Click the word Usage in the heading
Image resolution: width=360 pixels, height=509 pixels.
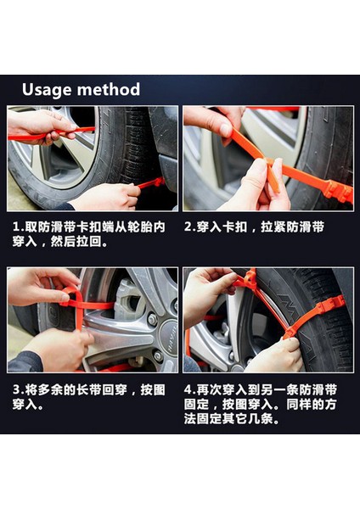tap(46, 90)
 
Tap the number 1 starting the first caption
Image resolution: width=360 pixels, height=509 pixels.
tap(16, 227)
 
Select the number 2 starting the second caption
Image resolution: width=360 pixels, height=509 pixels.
tap(188, 227)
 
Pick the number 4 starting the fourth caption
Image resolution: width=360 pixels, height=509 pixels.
tap(188, 389)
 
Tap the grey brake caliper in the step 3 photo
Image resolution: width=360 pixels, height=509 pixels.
tap(127, 299)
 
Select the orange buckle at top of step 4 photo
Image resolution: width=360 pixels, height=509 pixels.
tap(250, 278)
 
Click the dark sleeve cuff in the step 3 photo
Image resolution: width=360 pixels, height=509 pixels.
tap(25, 361)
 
